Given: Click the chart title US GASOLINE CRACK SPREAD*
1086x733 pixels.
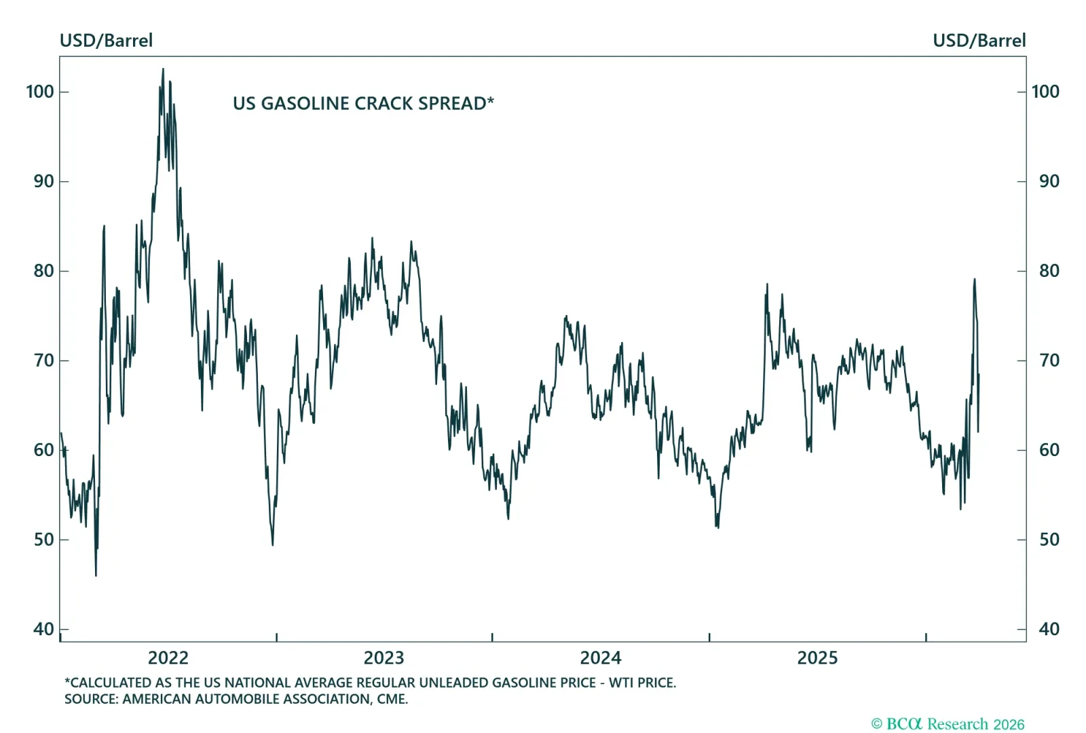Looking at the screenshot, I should (363, 104).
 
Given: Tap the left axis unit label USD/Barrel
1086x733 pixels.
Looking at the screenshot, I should (106, 41).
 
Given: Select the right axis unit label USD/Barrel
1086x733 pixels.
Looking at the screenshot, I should (979, 41).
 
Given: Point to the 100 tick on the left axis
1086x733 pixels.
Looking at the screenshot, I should (40, 92).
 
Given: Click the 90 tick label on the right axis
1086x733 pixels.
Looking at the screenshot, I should (1049, 181).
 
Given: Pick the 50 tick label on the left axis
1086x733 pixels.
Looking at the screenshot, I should (43, 540).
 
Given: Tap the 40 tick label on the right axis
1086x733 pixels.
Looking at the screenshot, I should (1049, 629).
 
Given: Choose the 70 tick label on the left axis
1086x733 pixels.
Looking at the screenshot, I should (43, 360).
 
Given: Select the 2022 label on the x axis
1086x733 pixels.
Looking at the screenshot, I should (168, 658).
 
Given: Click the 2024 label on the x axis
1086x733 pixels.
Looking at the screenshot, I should (600, 658).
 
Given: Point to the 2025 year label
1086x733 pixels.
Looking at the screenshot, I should (817, 658).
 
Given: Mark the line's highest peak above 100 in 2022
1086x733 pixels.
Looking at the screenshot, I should (163, 69).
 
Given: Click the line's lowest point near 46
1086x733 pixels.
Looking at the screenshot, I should (96, 575).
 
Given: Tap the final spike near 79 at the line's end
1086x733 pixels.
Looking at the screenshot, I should (974, 279).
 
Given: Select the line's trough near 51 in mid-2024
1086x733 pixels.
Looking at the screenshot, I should (717, 527).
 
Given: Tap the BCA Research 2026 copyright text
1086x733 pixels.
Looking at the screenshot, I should (948, 724).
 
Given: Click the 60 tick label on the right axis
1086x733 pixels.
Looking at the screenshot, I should (1049, 450).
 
